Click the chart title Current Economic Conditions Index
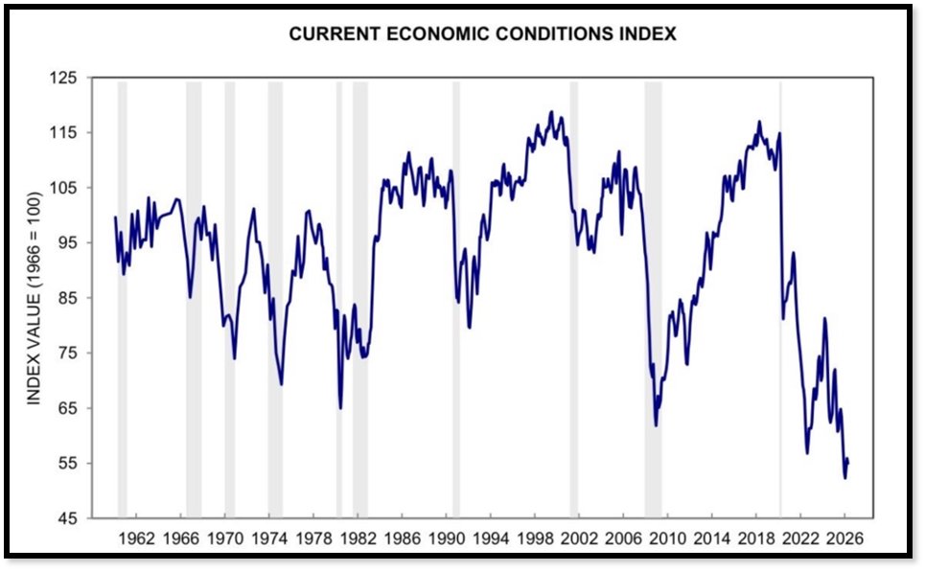483,34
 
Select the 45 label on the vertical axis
65,518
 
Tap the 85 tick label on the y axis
65,298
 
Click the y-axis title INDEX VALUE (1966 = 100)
34,298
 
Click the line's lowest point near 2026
845,477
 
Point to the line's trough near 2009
656,424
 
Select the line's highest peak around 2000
551,112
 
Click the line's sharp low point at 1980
340,407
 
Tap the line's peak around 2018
759,122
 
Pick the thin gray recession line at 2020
780,287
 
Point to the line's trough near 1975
281,383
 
